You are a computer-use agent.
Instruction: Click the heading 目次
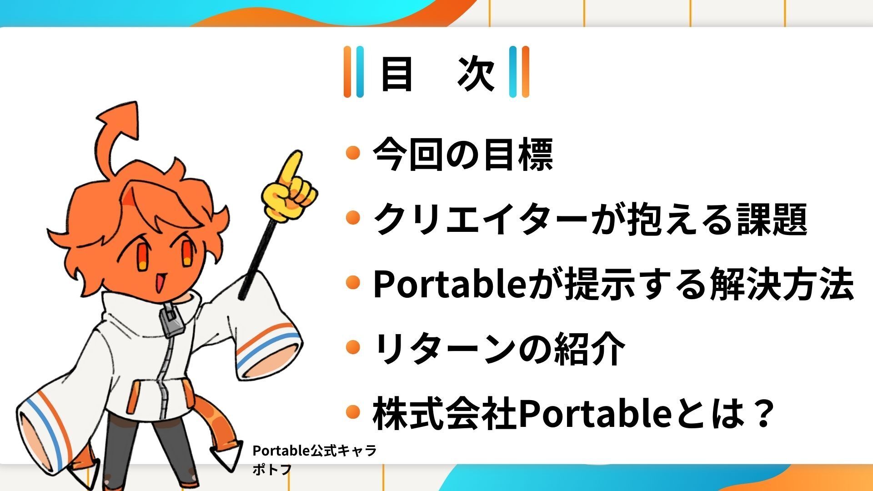point(437,73)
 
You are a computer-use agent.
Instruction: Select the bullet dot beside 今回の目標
point(353,153)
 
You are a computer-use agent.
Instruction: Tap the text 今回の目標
point(463,154)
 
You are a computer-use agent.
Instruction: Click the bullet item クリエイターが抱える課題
point(590,219)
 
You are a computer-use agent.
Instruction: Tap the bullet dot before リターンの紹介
point(353,348)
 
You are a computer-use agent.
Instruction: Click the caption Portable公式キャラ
point(315,451)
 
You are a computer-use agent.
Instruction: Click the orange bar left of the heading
point(348,72)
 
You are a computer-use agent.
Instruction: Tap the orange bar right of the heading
point(525,72)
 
